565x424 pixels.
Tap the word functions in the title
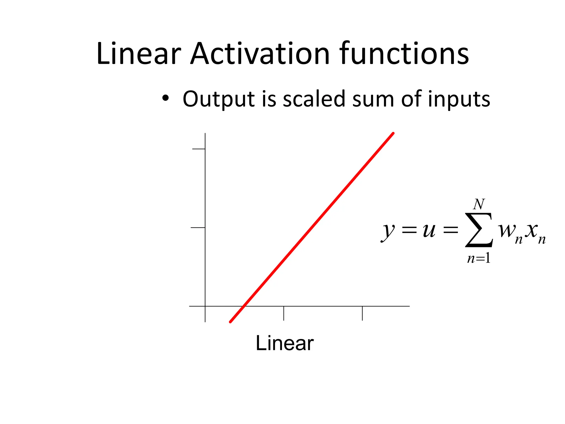click(404, 54)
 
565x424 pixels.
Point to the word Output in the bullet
click(218, 99)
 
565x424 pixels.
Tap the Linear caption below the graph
click(284, 343)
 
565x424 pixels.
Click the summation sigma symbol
click(479, 230)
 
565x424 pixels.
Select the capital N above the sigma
click(479, 205)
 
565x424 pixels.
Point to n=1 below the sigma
click(479, 258)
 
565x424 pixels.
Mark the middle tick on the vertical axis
click(198, 228)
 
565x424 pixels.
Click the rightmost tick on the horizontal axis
click(362, 313)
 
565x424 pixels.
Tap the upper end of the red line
click(393, 133)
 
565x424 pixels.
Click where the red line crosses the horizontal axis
click(244, 306)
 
